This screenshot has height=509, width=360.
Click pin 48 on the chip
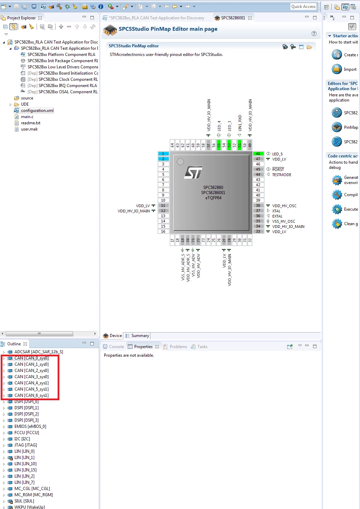pyautogui.click(x=258, y=154)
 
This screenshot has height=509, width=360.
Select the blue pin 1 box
pyautogui.click(x=163, y=154)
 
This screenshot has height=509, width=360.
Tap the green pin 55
pyautogui.click(x=219, y=145)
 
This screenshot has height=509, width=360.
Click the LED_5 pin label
pyautogui.click(x=277, y=154)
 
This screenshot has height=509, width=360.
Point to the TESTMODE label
pyautogui.click(x=282, y=175)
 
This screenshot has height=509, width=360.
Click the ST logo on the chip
pyautogui.click(x=193, y=172)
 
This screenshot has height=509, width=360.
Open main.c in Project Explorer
pyautogui.click(x=27, y=117)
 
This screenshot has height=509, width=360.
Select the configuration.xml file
pyautogui.click(x=37, y=111)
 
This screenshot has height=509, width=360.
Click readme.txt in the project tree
pyautogui.click(x=31, y=123)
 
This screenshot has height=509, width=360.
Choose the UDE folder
pyautogui.click(x=25, y=104)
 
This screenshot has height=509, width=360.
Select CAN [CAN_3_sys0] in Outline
pyautogui.click(x=31, y=377)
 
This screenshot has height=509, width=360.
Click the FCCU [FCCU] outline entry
pyautogui.click(x=27, y=433)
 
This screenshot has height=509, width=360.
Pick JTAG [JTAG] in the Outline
pyautogui.click(x=26, y=445)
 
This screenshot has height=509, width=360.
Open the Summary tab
pyautogui.click(x=140, y=336)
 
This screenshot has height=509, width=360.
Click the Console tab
pyautogui.click(x=116, y=347)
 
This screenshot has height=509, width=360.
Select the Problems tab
pyautogui.click(x=178, y=347)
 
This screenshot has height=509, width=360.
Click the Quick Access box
pyautogui.click(x=303, y=7)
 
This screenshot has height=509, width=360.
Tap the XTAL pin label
pyautogui.click(x=276, y=211)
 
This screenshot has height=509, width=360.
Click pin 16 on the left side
pyautogui.click(x=163, y=232)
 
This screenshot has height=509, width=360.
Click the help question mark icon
pyautogui.click(x=314, y=33)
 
